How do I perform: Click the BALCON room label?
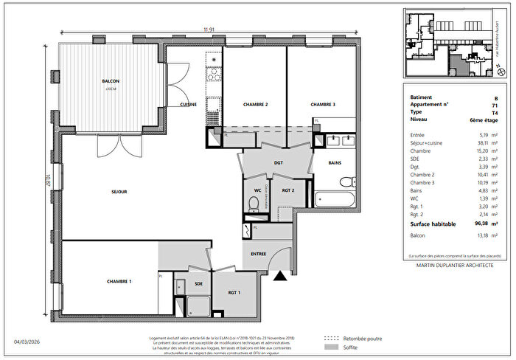pyautogui.click(x=110, y=82)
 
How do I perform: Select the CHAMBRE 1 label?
pyautogui.click(x=119, y=281)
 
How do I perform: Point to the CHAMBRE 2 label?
pyautogui.click(x=255, y=105)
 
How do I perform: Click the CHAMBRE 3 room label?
pyautogui.click(x=323, y=105)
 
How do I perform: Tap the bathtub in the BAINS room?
pyautogui.click(x=335, y=199)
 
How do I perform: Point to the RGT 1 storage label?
pyautogui.click(x=234, y=292)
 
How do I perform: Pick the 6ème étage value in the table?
pyautogui.click(x=484, y=120)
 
